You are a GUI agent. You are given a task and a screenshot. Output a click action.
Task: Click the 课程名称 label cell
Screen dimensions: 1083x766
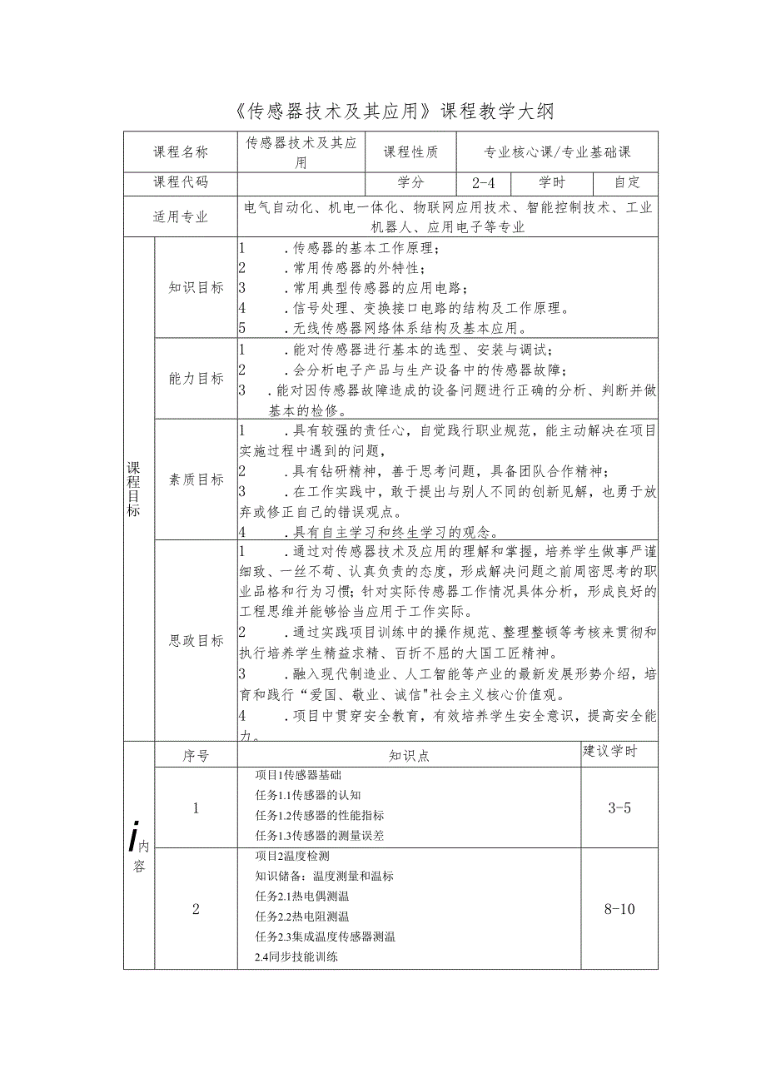pos(181,152)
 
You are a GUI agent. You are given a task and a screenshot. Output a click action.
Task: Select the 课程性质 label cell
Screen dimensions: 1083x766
pos(411,152)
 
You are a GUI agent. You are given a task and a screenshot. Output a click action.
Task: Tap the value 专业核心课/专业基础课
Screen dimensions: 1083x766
pos(558,152)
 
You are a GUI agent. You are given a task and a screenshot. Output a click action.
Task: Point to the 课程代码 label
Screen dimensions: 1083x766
pos(181,183)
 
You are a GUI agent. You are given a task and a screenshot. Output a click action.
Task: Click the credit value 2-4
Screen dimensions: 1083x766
pos(484,183)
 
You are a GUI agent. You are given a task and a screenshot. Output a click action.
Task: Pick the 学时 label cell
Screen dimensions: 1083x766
pos(552,183)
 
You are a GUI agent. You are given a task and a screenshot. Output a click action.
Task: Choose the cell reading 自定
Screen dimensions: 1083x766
pos(625,183)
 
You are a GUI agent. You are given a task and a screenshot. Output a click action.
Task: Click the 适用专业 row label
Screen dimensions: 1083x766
pos(181,217)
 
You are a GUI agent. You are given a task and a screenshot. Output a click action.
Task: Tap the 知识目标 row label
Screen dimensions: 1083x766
pos(196,287)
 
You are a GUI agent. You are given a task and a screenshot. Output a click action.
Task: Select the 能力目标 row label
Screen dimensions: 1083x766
pos(196,379)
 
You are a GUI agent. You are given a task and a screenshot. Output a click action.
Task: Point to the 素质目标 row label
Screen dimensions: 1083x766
pos(196,479)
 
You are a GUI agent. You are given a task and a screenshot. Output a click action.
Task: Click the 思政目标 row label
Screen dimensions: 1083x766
pos(196,641)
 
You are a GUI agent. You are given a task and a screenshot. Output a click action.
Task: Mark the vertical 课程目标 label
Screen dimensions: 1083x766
pos(133,489)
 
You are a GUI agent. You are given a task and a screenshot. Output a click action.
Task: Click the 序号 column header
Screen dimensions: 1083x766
pos(196,756)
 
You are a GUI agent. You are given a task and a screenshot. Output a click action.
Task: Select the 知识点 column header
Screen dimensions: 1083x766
pos(409,756)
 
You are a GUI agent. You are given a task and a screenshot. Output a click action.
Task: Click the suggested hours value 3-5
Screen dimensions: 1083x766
pos(620,807)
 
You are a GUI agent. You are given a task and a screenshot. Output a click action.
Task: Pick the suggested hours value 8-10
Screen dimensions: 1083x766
pos(620,909)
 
